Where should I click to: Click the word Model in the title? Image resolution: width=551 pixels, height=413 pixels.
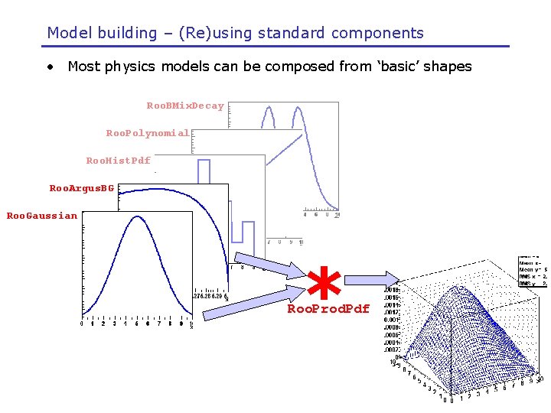[68, 33]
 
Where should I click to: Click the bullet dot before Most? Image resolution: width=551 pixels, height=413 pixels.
[50, 67]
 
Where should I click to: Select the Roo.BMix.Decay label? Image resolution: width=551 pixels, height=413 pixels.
[185, 106]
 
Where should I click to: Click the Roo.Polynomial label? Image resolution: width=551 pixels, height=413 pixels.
[148, 133]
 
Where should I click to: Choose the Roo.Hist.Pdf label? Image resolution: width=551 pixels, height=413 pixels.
[119, 161]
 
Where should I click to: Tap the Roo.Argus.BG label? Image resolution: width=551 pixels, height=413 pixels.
[82, 188]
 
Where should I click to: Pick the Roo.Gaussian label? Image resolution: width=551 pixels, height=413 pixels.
[42, 216]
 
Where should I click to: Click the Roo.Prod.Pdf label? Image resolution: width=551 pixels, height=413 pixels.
[328, 309]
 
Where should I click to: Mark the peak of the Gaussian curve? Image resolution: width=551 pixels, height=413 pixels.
[137, 217]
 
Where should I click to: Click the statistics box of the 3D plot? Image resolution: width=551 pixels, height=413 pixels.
[533, 272]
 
